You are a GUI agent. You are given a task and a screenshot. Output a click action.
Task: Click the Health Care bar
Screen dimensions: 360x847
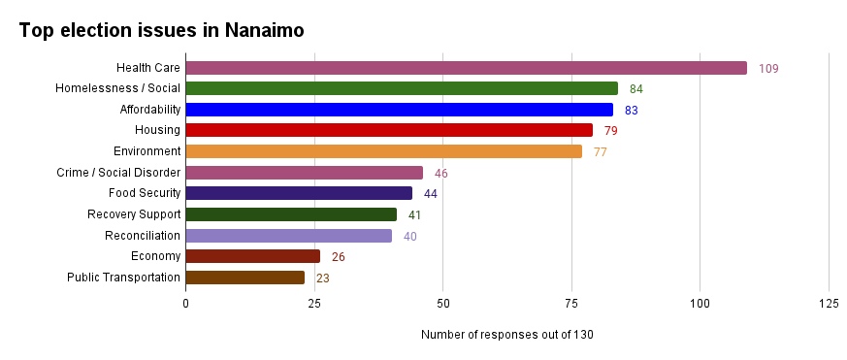466,68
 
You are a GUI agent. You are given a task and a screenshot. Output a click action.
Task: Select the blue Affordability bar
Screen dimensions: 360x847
399,110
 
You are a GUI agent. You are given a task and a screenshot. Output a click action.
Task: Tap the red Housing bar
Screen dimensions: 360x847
388,130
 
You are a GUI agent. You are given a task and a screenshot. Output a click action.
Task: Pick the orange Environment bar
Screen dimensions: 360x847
383,151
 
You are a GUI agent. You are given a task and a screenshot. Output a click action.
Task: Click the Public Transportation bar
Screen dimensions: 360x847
244,278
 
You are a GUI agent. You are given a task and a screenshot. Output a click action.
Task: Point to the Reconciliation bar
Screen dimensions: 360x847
288,236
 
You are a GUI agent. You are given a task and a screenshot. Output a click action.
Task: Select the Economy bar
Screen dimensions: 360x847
252,256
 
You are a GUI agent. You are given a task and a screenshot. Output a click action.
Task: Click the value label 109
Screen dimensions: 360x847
768,69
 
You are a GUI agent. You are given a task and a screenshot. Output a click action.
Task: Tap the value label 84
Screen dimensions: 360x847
635,89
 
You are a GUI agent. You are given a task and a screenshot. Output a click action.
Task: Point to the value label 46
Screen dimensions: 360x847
440,174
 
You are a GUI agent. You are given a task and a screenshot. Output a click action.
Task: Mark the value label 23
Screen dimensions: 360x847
323,278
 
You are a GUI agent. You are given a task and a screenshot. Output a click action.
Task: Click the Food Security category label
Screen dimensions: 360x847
145,193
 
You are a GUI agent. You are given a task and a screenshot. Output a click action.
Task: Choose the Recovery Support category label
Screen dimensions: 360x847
134,214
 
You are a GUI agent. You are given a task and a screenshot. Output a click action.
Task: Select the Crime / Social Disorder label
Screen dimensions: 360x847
119,173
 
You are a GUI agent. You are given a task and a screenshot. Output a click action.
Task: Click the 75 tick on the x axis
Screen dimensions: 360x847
571,304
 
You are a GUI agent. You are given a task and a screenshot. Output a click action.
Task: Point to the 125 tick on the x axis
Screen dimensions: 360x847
829,304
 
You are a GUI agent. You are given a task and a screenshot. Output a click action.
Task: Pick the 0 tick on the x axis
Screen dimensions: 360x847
185,304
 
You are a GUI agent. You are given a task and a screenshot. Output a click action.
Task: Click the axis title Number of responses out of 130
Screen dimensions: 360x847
506,335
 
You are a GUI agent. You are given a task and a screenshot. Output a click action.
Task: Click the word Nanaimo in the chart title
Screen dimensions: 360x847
265,31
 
